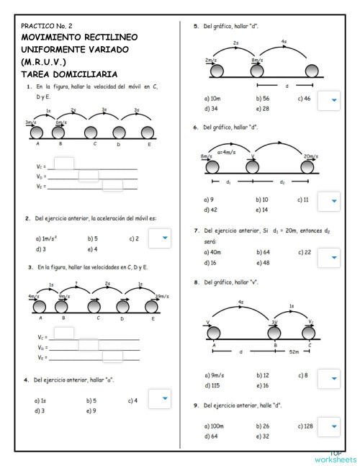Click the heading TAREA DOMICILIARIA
point(69,74)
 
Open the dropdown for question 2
point(159,238)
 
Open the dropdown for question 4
point(159,399)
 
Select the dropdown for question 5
point(328,102)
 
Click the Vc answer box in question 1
point(64,164)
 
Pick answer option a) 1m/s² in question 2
point(48,238)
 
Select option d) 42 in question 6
point(211,210)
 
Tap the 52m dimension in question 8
point(294,352)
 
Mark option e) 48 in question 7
point(262,263)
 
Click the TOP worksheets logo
point(336,457)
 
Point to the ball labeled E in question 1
point(148,133)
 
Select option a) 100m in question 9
point(214,426)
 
